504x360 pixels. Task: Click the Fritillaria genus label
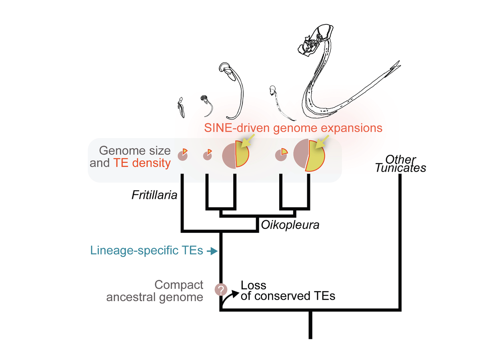click(154, 196)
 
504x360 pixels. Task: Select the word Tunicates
click(400, 168)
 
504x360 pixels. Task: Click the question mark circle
click(221, 290)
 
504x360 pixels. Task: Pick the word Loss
click(254, 286)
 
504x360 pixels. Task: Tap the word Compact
click(179, 285)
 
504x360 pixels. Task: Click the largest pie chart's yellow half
click(316, 156)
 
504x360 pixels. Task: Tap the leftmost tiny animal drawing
click(181, 108)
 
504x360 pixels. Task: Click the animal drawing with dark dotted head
click(204, 98)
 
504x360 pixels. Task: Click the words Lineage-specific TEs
click(146, 251)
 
